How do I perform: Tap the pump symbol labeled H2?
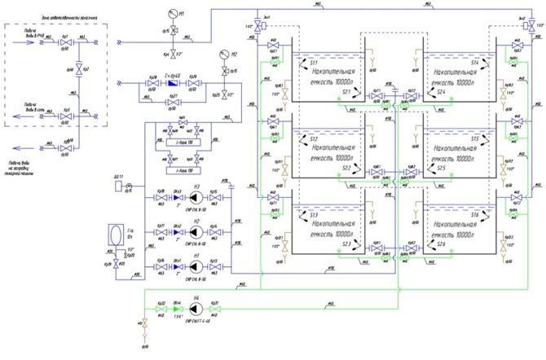(x=196, y=230)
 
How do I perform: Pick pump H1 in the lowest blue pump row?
(x=196, y=262)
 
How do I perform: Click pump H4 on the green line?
(x=196, y=310)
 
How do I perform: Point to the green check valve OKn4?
(x=178, y=310)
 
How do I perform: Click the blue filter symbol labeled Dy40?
(x=171, y=83)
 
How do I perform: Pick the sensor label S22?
(x=348, y=168)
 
